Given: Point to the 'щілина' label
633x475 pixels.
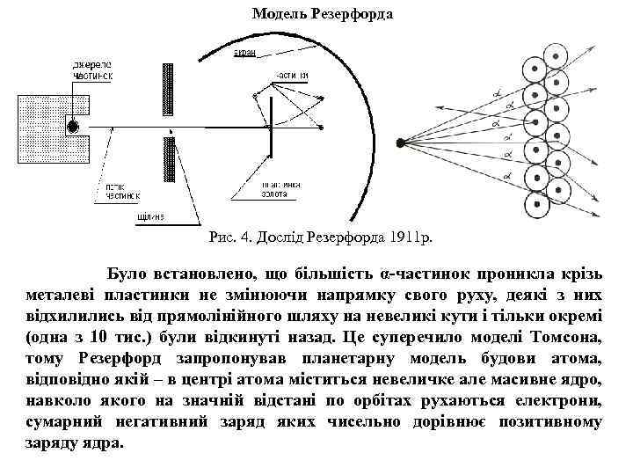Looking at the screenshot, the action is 151,217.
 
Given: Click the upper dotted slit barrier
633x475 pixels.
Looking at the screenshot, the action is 166,91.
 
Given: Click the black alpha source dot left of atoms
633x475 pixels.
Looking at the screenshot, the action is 401,142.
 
